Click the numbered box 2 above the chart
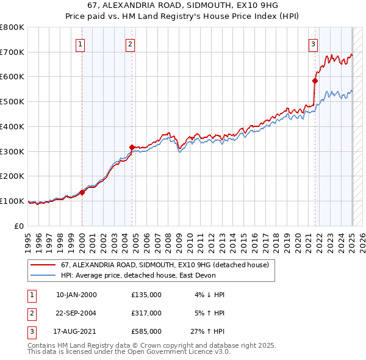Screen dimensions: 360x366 click(131, 44)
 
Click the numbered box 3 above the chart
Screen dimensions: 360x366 click(312, 44)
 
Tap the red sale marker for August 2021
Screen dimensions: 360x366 click(315, 81)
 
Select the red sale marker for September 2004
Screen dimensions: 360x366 click(132, 146)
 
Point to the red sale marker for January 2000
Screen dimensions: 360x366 click(82, 192)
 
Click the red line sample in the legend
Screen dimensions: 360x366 click(43, 265)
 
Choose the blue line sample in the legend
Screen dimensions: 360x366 click(43, 275)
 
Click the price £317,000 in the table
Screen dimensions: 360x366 click(146, 313)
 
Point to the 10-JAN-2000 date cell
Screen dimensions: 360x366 click(76, 295)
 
